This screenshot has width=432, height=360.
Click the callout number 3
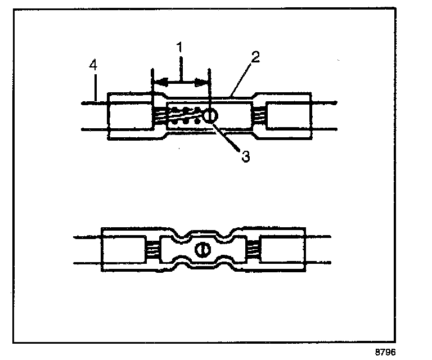[x=245, y=156]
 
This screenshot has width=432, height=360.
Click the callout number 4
[x=94, y=65]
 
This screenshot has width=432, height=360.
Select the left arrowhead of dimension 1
[x=160, y=83]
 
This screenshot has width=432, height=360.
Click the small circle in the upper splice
[x=209, y=116]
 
